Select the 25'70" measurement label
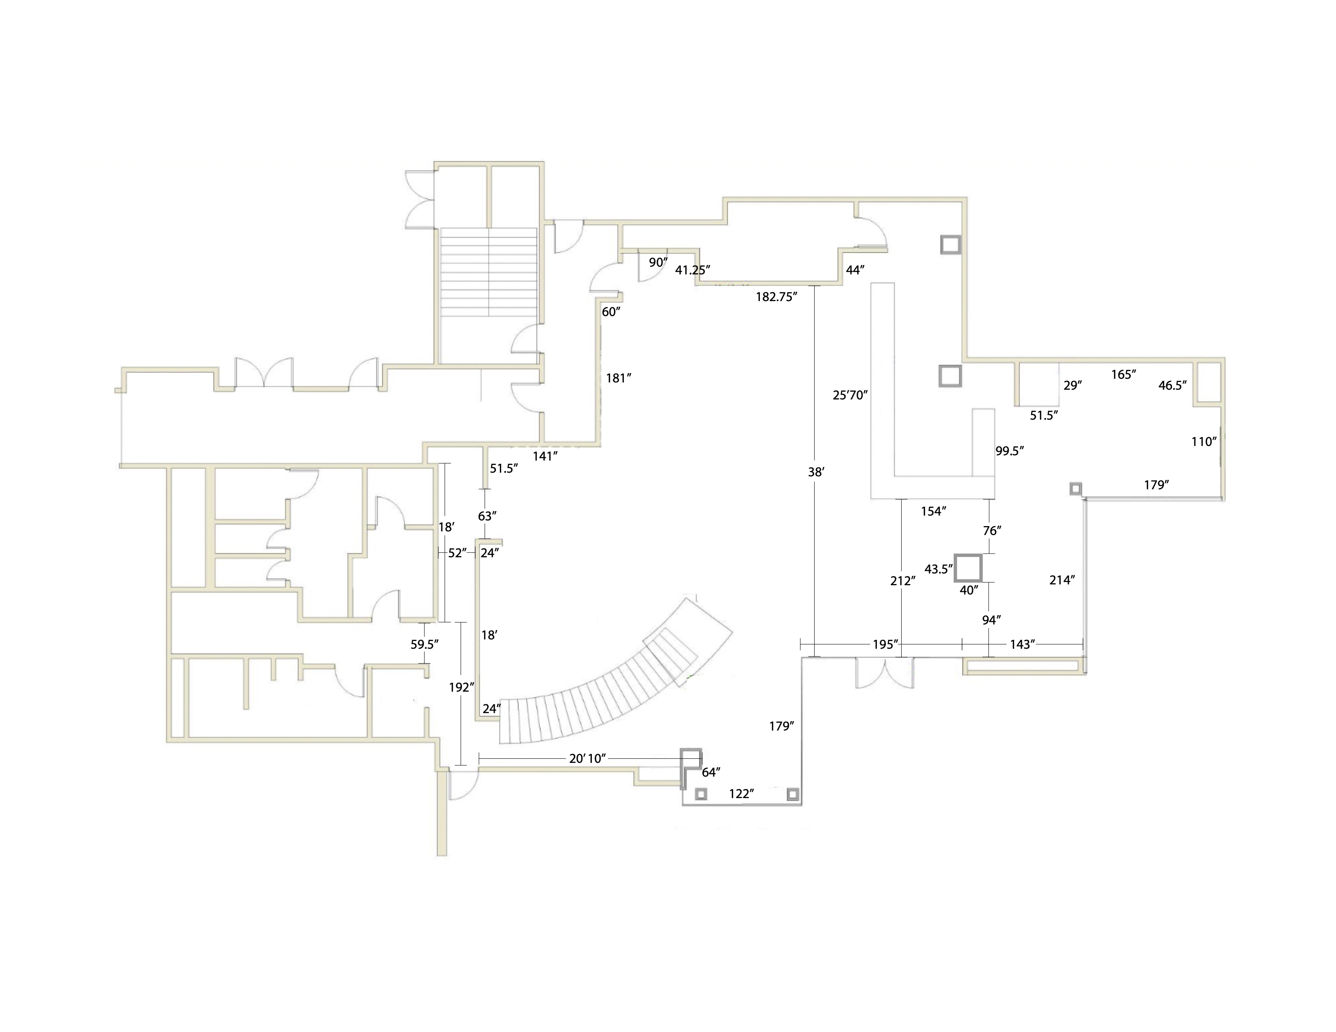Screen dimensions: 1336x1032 (850, 395)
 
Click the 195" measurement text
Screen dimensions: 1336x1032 (885, 644)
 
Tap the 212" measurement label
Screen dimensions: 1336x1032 (902, 581)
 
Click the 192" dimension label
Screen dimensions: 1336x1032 (462, 687)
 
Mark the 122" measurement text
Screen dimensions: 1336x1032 (741, 794)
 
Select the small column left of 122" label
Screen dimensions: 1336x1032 (702, 794)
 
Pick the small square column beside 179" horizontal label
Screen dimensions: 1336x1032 (1075, 488)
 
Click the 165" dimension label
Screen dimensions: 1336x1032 (1124, 374)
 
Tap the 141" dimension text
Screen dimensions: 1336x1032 (545, 455)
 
